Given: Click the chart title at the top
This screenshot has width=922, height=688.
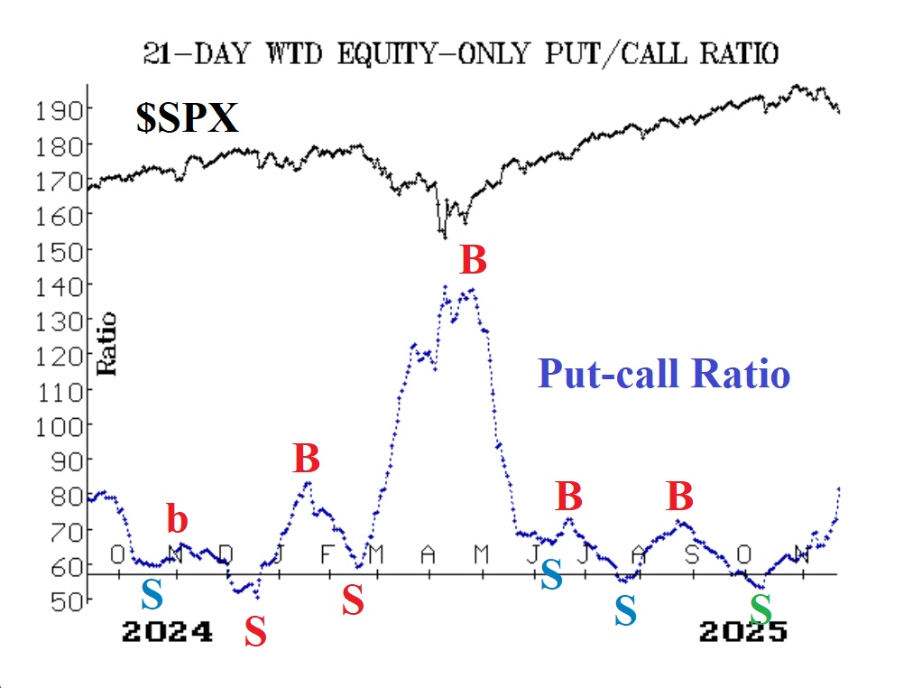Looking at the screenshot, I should point(460,54).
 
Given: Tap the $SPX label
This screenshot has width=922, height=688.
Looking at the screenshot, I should point(187,118).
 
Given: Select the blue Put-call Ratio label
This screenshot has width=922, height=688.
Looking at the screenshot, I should point(664,373).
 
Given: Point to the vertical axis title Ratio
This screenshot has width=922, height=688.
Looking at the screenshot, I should point(107,343).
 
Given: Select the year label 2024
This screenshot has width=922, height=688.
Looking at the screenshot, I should point(167,631).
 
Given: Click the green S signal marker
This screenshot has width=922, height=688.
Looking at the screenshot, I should point(761,609).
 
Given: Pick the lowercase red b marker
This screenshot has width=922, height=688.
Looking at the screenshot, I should point(178,520).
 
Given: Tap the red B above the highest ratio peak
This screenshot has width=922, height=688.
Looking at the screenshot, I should point(473,261).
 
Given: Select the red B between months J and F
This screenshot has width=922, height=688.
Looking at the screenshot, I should point(307,460).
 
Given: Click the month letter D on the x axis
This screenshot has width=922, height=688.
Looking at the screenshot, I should point(226,553).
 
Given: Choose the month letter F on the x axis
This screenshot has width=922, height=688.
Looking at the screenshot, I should point(327,553).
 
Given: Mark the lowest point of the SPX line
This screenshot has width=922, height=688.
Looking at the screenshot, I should point(444,237).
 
